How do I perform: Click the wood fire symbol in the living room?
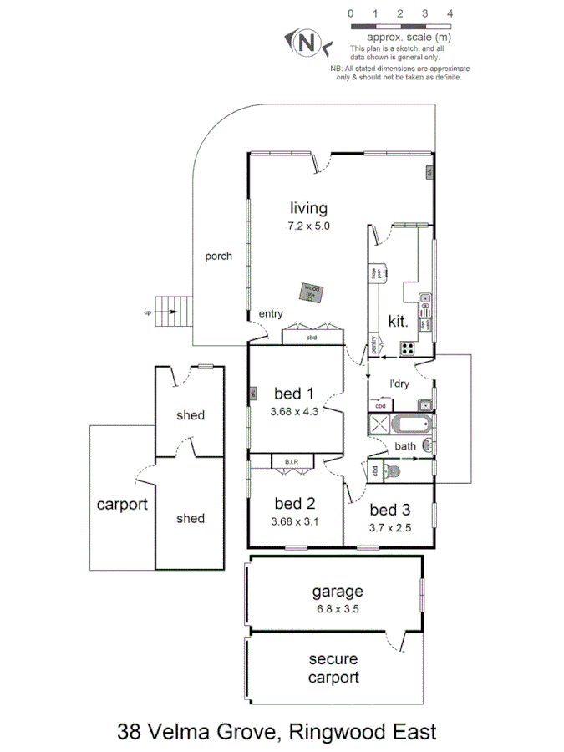(312, 292)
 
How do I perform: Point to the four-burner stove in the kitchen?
(408, 349)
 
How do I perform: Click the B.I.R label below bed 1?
(292, 461)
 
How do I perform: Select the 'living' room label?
(308, 208)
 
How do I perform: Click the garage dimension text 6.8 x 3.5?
(337, 608)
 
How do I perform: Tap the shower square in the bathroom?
(380, 424)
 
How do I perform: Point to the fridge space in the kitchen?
(376, 272)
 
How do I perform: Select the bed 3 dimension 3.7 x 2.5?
(390, 527)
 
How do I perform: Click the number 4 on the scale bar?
(450, 14)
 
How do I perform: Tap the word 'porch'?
(219, 257)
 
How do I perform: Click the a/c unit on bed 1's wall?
(250, 393)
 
